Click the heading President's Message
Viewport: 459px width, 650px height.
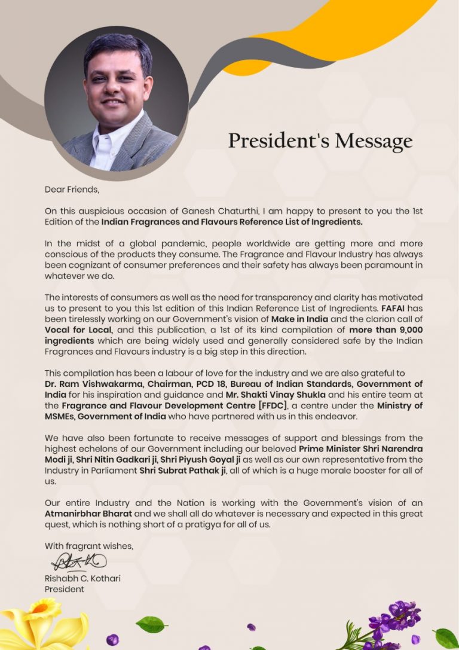point(320,141)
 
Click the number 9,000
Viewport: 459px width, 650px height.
point(406,329)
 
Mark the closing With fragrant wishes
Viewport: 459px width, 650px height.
point(89,546)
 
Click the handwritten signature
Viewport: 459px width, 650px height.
point(78,561)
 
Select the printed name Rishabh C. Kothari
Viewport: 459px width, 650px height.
point(82,578)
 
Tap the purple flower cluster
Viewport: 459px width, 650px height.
point(391,622)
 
